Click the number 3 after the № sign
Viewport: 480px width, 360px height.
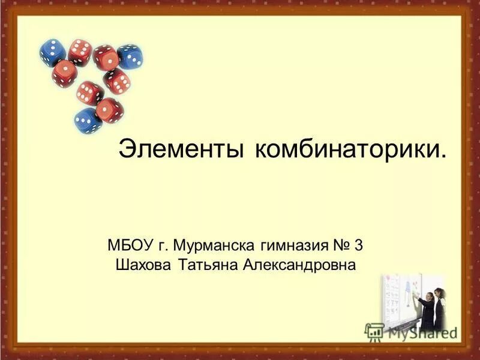pos(359,245)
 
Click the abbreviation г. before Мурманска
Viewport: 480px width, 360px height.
pos(164,245)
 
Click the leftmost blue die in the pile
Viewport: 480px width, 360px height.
pos(53,52)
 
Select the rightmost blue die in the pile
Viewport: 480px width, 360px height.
pos(130,57)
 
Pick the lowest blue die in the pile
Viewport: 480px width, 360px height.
pos(88,120)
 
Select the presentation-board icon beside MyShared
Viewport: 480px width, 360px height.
pos(374,332)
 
